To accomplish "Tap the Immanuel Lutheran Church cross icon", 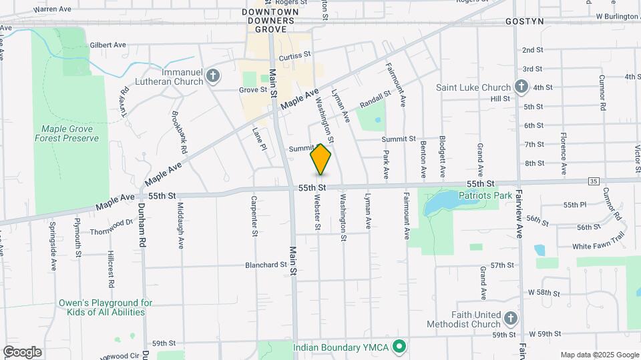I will tap(213, 75).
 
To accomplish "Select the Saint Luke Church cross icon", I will tap(521, 87).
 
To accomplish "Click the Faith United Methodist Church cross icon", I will tap(511, 317).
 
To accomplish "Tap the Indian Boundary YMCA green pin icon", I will tap(399, 347).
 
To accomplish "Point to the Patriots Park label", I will tap(485, 195).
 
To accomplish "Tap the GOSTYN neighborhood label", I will tap(524, 21).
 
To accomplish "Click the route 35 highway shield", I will tap(594, 181).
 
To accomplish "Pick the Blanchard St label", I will tap(266, 265).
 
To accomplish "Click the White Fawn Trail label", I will tap(598, 246).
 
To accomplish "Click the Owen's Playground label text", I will tap(101, 307).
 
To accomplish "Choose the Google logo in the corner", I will tap(22, 351).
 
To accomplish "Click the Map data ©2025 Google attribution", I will tap(599, 355).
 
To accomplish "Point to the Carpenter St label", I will tap(254, 216).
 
